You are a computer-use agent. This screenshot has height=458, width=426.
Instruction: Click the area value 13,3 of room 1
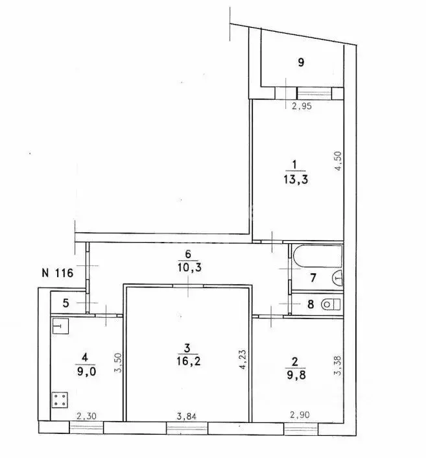296,179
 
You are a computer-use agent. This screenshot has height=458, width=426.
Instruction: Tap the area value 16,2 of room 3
188,361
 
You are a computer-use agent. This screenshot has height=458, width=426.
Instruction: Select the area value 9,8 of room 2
296,375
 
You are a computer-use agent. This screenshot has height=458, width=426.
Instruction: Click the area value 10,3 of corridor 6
189,267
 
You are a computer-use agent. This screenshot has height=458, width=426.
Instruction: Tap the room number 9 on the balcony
301,62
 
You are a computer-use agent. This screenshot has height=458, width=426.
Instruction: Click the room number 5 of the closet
65,303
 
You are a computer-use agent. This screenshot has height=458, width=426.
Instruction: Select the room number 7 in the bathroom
313,278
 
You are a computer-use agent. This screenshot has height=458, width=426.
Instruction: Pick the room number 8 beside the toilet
311,304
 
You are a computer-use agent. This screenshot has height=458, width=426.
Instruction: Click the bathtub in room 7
317,256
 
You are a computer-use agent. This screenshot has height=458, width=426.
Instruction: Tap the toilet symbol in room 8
331,305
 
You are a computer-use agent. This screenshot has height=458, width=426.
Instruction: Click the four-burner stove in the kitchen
60,400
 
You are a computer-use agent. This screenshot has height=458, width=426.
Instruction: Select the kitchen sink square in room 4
60,326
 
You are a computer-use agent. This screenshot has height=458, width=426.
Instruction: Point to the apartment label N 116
58,273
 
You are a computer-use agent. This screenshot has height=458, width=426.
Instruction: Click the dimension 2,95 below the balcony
302,106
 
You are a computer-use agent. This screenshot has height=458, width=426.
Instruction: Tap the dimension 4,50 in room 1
338,161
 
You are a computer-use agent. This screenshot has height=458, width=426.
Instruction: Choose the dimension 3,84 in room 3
187,416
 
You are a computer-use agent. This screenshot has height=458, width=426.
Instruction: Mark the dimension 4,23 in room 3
243,359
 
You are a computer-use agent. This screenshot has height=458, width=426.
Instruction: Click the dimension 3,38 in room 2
338,365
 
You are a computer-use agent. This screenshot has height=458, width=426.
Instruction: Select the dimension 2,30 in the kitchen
86,416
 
